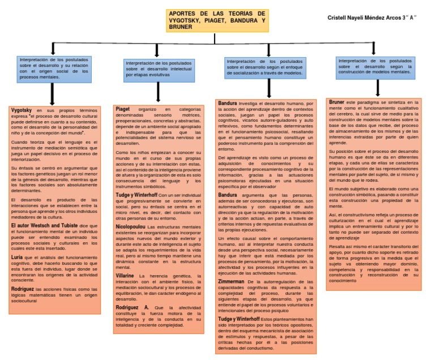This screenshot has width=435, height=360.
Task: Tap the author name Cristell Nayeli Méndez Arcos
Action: tap(372, 18)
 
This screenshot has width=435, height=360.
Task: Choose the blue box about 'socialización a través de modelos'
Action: tap(265, 67)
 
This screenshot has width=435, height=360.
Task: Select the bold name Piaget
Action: tap(123, 109)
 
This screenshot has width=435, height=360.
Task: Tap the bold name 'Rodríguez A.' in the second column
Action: tap(132, 307)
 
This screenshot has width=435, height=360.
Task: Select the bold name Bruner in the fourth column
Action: tap(336, 102)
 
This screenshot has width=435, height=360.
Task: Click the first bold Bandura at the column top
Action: tap(227, 103)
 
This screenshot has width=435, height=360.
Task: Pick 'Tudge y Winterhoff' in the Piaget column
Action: tap(137, 195)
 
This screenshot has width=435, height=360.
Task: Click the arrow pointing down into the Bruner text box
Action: tap(378, 89)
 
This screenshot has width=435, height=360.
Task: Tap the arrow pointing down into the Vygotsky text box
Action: tap(52, 93)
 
